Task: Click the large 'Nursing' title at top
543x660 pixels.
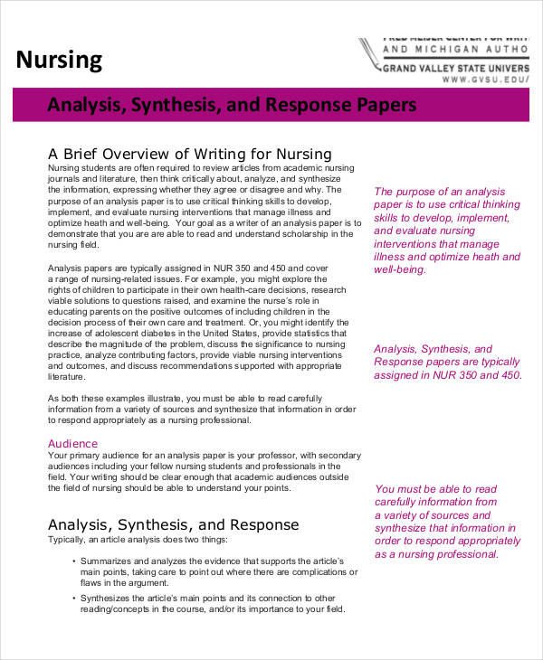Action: (60, 61)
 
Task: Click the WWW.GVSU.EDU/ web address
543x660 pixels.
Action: (484, 80)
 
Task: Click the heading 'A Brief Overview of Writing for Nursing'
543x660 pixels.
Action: (189, 154)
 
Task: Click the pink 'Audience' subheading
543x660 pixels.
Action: (72, 444)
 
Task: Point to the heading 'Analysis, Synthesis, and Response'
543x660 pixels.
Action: (173, 524)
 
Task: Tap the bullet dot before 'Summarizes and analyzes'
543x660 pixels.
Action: (72, 562)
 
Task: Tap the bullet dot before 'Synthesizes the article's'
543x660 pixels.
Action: (72, 599)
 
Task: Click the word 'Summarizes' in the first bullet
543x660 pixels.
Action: (110, 562)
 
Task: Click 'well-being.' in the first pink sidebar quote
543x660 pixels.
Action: (399, 269)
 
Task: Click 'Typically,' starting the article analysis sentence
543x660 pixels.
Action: (69, 540)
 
